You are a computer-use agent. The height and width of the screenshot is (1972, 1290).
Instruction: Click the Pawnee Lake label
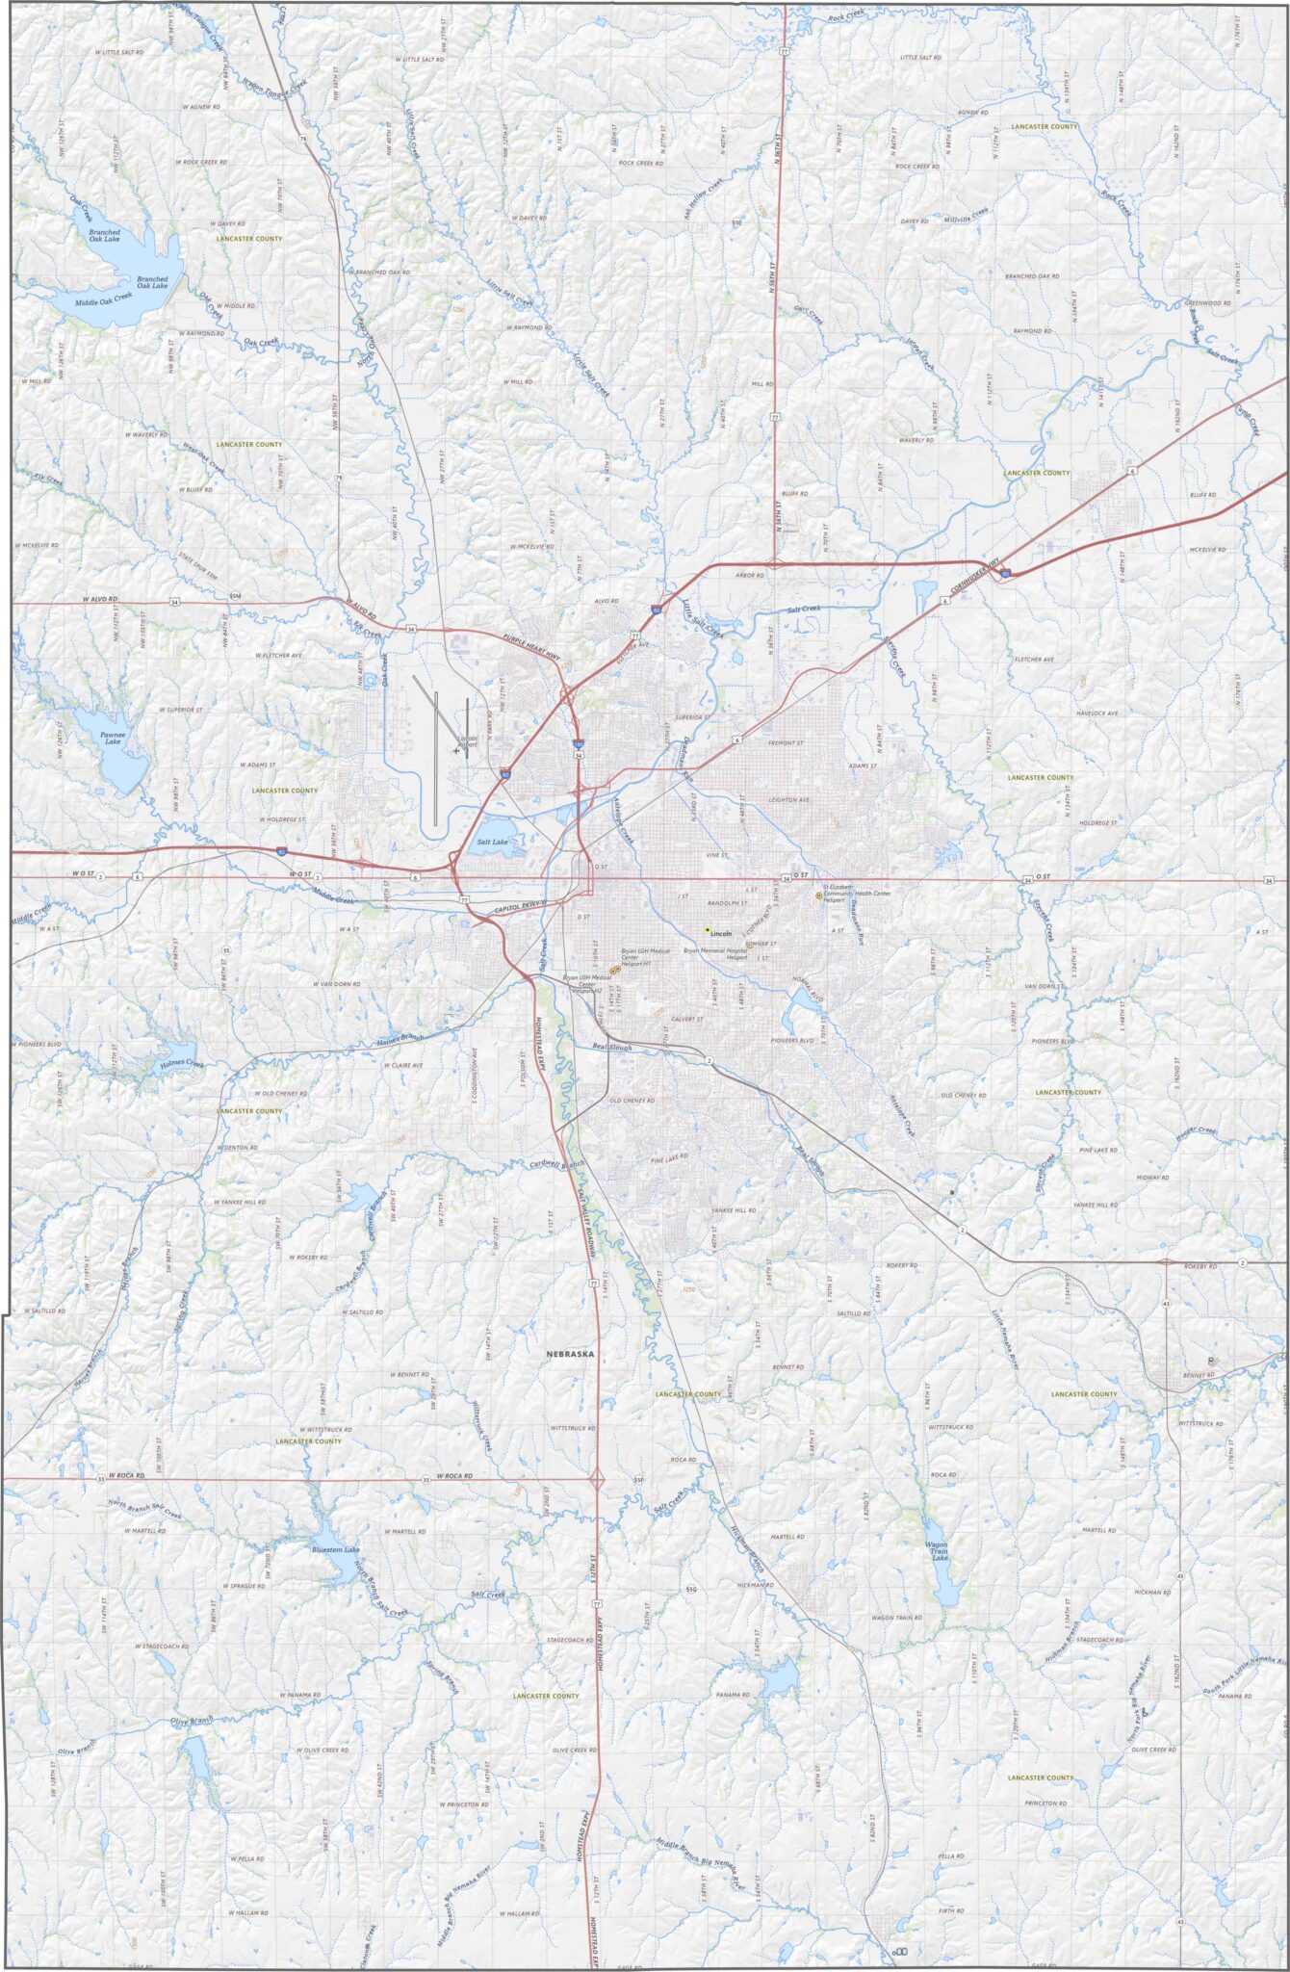tap(113, 738)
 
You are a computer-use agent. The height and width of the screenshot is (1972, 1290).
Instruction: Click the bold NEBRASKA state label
tap(570, 1354)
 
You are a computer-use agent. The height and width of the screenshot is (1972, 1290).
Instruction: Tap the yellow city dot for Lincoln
tap(708, 930)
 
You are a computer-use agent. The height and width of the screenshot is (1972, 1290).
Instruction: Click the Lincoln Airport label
tap(467, 742)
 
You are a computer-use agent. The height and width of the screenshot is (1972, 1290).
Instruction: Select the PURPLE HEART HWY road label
tap(531, 645)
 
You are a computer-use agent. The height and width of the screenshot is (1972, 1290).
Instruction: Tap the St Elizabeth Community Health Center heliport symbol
tap(818, 895)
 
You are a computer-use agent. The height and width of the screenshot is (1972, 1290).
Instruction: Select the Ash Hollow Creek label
tap(704, 197)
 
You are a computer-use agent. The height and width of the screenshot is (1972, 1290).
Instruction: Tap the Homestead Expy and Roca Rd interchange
tap(596, 1477)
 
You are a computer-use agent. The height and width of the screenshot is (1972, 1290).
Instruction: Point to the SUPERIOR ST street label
tap(691, 717)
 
